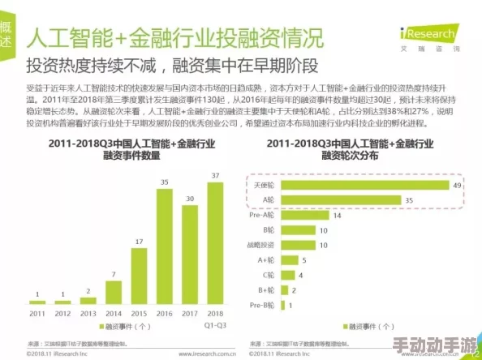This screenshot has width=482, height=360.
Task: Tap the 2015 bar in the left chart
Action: [x=140, y=275]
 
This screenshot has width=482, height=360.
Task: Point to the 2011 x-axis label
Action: [x=38, y=312]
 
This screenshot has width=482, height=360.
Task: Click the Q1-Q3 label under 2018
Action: [x=215, y=324]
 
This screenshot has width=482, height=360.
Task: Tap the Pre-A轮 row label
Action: [x=261, y=216]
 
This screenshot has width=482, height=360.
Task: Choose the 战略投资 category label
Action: [x=262, y=245]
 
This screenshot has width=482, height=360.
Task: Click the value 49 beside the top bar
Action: [x=457, y=185]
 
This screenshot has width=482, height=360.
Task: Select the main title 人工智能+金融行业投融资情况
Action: [x=174, y=37]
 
